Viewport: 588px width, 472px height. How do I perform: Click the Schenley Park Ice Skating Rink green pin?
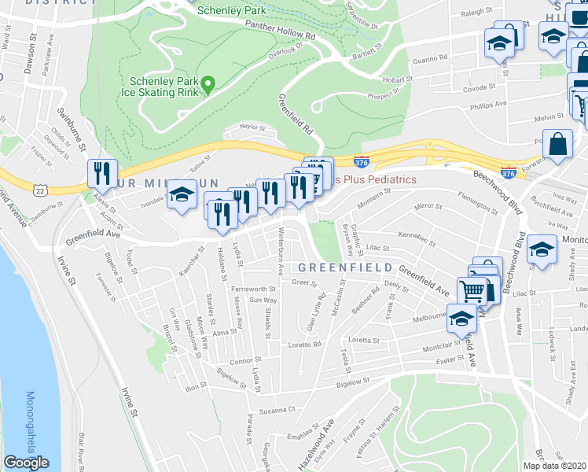coord(208,84)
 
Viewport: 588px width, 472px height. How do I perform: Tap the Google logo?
coord(26,463)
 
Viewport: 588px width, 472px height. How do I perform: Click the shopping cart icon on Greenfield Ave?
coord(471,290)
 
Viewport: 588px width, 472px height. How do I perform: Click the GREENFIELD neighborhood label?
coord(345,268)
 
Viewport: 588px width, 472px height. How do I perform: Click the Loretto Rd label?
coord(307,345)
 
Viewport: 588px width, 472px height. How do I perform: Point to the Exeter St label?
coord(448,360)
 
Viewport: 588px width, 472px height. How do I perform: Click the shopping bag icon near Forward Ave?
coord(557,145)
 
